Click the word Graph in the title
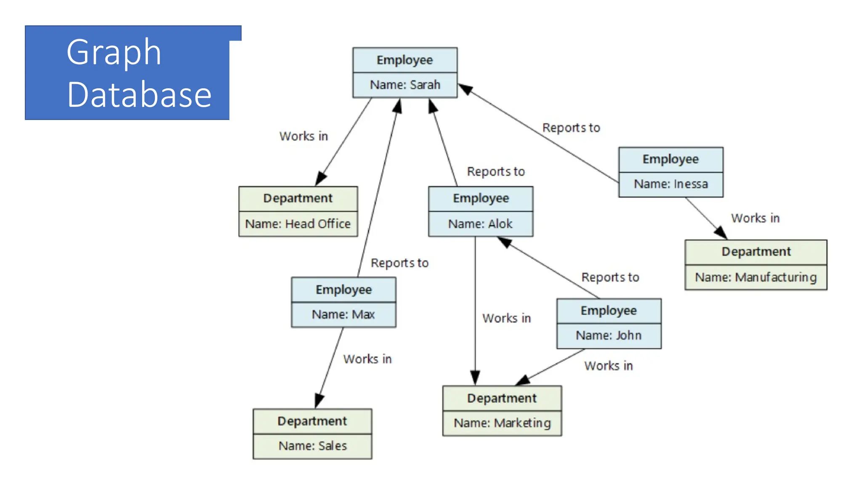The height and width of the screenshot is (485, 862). [114, 52]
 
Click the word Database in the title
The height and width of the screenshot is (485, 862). [139, 95]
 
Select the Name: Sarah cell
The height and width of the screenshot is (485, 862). [405, 85]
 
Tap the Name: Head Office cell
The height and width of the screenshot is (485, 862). [298, 224]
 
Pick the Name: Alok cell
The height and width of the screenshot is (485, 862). [480, 224]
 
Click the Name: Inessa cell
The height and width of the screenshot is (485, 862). [670, 184]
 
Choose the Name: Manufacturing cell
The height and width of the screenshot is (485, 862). [756, 277]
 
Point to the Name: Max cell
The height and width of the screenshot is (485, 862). [343, 314]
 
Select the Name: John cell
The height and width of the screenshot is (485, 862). [609, 336]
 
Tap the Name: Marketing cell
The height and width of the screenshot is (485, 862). [502, 423]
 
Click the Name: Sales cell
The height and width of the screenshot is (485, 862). [312, 446]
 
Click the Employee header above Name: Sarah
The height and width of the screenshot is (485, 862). [404, 60]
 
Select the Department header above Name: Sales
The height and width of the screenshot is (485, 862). [312, 421]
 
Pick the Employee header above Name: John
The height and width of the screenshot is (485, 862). [609, 311]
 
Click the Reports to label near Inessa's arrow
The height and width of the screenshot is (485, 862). [571, 128]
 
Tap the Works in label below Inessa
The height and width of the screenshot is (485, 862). [755, 218]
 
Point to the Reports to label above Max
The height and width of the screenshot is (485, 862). [399, 263]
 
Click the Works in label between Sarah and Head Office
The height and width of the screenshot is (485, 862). [303, 136]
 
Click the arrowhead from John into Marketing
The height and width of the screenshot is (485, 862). [523, 380]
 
